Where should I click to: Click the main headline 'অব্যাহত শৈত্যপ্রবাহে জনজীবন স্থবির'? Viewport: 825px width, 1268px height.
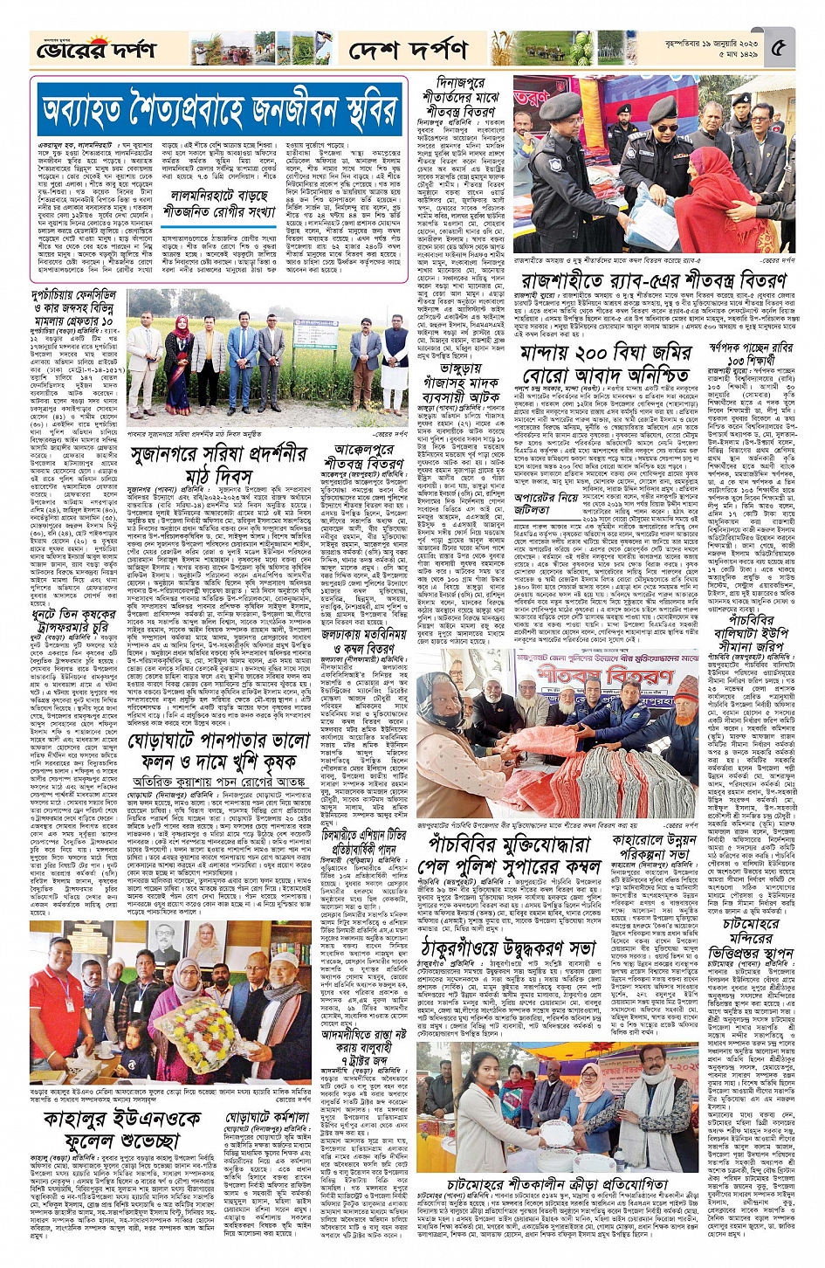[219, 110]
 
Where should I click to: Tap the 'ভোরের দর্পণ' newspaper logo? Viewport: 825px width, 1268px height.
[97, 49]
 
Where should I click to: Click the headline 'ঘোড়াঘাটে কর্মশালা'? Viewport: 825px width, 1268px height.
[268, 1117]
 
